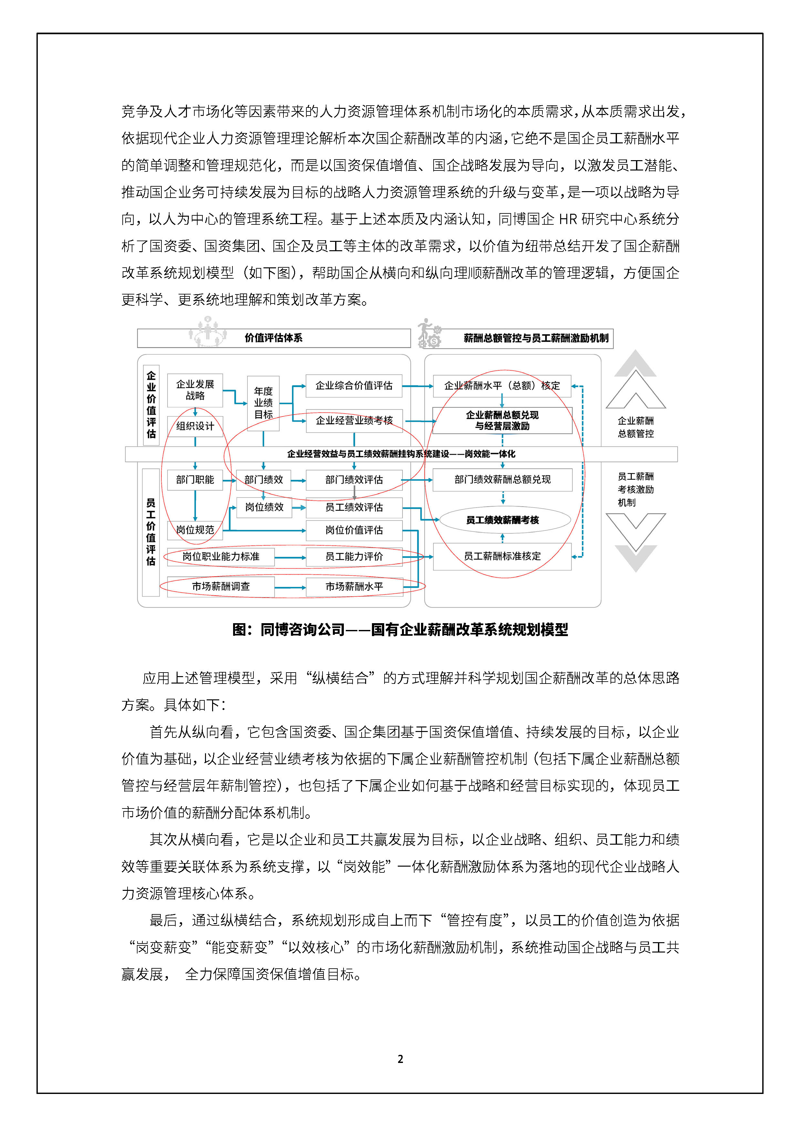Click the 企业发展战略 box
click(x=195, y=390)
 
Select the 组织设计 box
click(x=195, y=426)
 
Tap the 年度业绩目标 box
click(x=263, y=403)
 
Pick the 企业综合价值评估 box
click(x=354, y=386)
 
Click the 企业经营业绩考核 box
click(x=354, y=420)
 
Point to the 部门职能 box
click(x=195, y=480)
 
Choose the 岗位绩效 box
click(x=264, y=507)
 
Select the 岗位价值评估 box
click(x=354, y=530)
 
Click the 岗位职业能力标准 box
click(x=221, y=557)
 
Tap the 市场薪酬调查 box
click(x=221, y=587)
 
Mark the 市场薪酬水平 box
click(x=354, y=587)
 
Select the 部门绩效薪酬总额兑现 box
click(x=502, y=480)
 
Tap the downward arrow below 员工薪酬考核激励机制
click(x=636, y=540)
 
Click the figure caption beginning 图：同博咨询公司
click(x=400, y=630)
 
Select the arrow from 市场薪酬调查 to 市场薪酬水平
click(x=290, y=587)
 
